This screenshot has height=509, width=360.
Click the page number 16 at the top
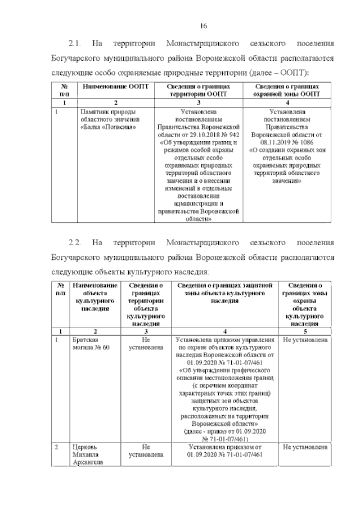(x=205, y=25)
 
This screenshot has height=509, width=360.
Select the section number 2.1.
(x=75, y=44)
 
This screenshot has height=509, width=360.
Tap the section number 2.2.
(x=75, y=242)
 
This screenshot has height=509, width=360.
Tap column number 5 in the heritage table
(x=306, y=331)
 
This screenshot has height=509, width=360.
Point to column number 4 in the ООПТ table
(x=287, y=102)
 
